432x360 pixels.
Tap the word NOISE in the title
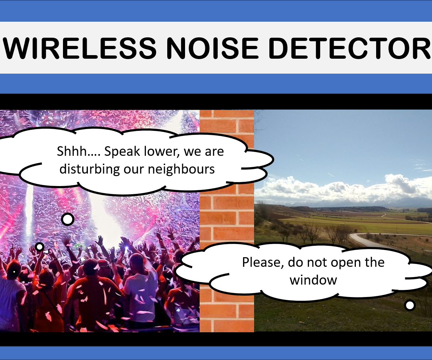pyautogui.click(x=212, y=48)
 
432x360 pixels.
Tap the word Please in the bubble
pyautogui.click(x=262, y=263)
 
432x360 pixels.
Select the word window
pyautogui.click(x=313, y=280)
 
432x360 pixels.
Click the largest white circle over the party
pyautogui.click(x=68, y=219)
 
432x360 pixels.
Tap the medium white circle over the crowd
pyautogui.click(x=40, y=247)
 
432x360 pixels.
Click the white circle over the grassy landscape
pyautogui.click(x=410, y=305)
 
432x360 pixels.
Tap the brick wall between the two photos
pyautogui.click(x=227, y=213)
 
